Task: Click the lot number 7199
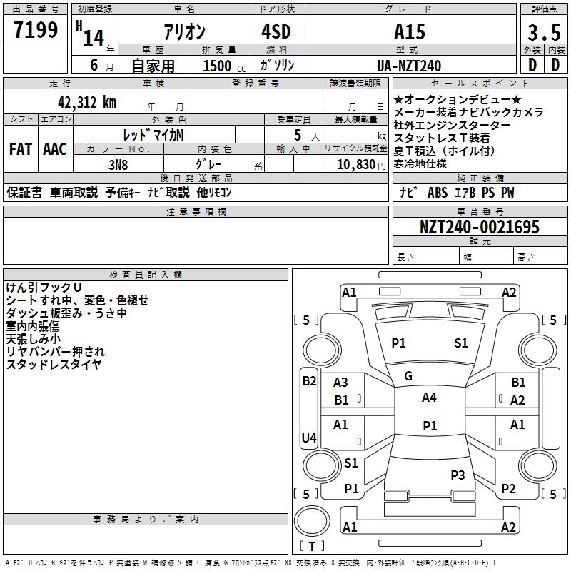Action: [x=36, y=31]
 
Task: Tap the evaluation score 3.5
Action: [x=543, y=33]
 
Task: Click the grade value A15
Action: [x=409, y=32]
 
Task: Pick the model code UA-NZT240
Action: [x=409, y=66]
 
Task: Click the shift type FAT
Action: [x=21, y=148]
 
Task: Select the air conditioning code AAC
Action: [x=55, y=148]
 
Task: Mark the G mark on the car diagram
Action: [x=408, y=375]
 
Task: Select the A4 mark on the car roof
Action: [x=429, y=398]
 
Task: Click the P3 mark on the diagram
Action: [x=458, y=475]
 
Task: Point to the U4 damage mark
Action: [x=309, y=438]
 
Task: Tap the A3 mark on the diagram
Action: [x=341, y=383]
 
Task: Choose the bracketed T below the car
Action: [x=311, y=546]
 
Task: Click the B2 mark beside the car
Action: [x=309, y=380]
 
